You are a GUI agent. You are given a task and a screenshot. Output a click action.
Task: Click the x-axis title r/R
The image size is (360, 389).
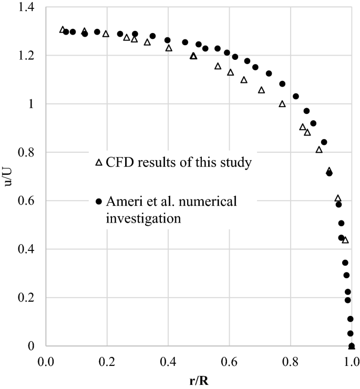pyautogui.click(x=199, y=380)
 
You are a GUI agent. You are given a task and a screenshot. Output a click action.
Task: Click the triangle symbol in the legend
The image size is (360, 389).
pyautogui.click(x=99, y=163)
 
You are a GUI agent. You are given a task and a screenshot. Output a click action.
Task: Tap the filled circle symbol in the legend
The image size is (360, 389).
pyautogui.click(x=99, y=201)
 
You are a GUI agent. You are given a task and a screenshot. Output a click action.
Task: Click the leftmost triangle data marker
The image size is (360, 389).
pyautogui.click(x=63, y=30)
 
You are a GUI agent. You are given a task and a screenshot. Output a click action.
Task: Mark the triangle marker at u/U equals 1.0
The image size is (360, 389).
pyautogui.click(x=282, y=104)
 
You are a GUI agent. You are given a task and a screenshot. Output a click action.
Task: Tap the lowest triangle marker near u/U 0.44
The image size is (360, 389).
pyautogui.click(x=345, y=240)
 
